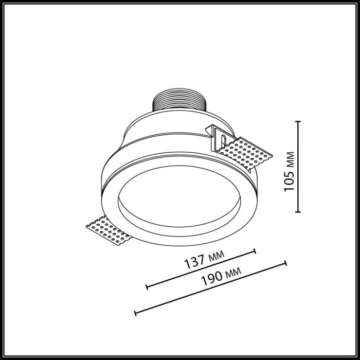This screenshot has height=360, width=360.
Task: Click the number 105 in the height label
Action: (289, 181)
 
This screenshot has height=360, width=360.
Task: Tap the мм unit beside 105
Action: (289, 160)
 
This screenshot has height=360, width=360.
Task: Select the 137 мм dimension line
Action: (201, 269)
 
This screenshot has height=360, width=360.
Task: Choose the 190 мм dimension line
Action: (210, 288)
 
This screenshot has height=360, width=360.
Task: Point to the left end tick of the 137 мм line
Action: (147, 286)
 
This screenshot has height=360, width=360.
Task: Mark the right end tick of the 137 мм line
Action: (255, 251)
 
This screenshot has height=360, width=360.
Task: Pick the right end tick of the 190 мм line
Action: (285, 263)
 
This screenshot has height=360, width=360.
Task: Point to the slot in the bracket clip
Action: (221, 137)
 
